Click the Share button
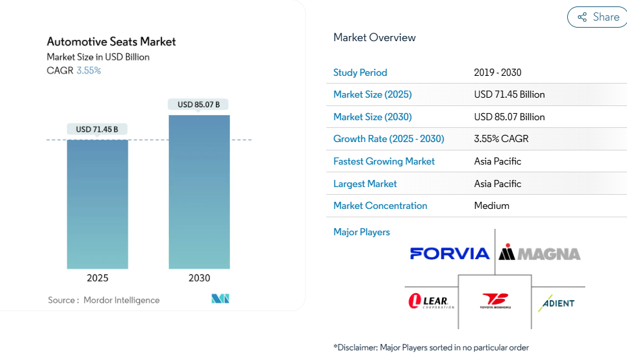[x=597, y=17]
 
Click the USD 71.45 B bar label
[x=97, y=129]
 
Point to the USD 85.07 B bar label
[x=199, y=104]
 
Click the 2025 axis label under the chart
[x=98, y=278]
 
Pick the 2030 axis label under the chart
[x=199, y=278]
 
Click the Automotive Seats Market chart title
[x=111, y=42]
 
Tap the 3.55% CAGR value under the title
[x=89, y=71]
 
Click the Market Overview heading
[x=375, y=37]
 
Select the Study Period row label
[x=360, y=73]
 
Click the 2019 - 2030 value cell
[x=498, y=73]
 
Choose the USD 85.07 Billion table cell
[x=509, y=117]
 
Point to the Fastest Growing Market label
[x=384, y=161]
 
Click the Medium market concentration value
[x=491, y=206]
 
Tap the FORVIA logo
[x=450, y=253]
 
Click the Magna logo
[x=540, y=253]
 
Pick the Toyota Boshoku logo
[x=495, y=301]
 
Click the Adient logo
[x=556, y=303]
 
